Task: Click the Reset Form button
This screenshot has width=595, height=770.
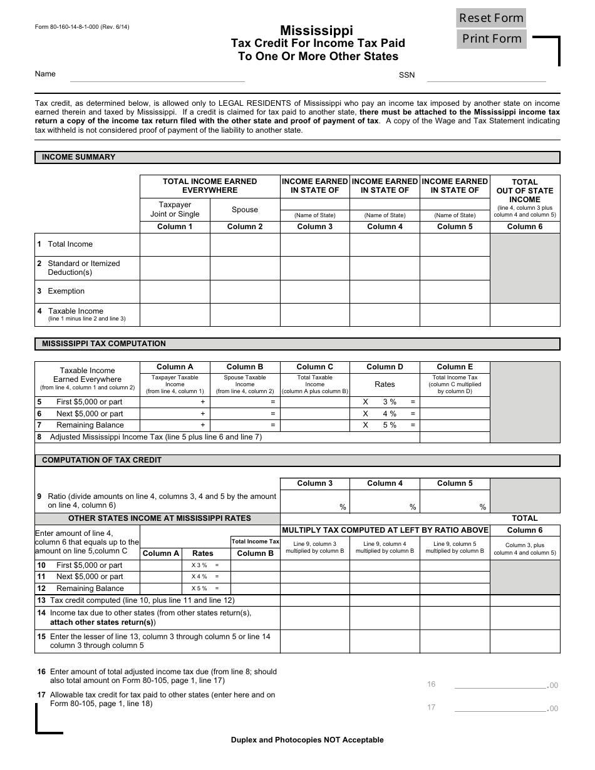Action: point(491,18)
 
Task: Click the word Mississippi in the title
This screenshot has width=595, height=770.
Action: point(316,30)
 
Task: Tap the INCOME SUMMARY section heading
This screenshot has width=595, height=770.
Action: point(78,157)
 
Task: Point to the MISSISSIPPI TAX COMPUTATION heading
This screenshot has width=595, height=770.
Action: point(104,344)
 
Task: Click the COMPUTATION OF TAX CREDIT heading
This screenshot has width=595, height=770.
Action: point(101,460)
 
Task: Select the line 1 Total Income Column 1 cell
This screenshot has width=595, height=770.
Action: point(175,244)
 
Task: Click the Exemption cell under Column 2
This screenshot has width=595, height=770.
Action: point(245,291)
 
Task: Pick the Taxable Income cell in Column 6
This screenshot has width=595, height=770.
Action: point(525,314)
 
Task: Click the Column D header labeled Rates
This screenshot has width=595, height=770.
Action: point(385,384)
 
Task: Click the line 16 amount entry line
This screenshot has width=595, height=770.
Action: point(500,685)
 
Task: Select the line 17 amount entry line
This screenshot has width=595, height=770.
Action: point(500,708)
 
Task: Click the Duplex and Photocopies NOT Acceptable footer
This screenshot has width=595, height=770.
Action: point(307,740)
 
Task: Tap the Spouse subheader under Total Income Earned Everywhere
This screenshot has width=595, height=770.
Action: point(245,210)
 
